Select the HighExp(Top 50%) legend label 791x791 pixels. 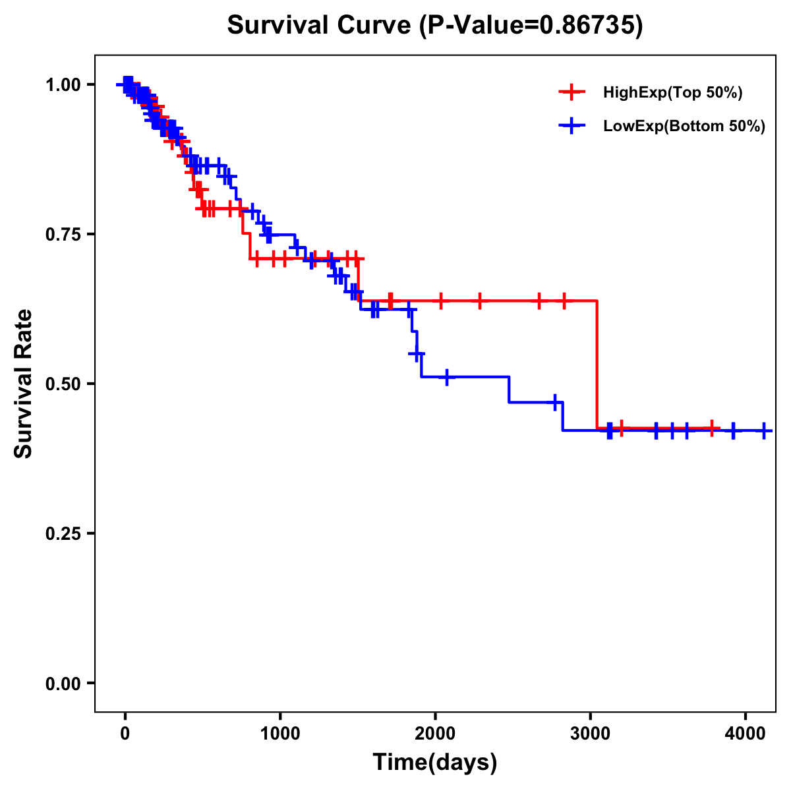pos(673,93)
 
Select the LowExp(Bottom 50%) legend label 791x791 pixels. pos(684,127)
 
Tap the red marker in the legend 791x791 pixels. pos(572,93)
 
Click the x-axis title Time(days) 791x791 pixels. pos(435,763)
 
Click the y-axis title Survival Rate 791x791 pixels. pos(24,384)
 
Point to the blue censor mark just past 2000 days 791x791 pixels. pos(447,377)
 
